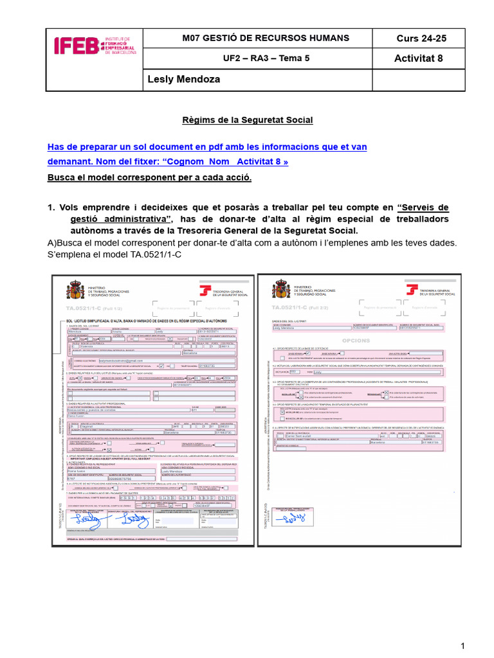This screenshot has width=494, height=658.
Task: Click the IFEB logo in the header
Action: click(95, 44)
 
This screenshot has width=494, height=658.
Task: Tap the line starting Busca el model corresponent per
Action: click(150, 177)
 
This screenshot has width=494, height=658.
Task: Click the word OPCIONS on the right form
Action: click(356, 341)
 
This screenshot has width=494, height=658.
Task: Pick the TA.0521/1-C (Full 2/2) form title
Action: click(293, 309)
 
